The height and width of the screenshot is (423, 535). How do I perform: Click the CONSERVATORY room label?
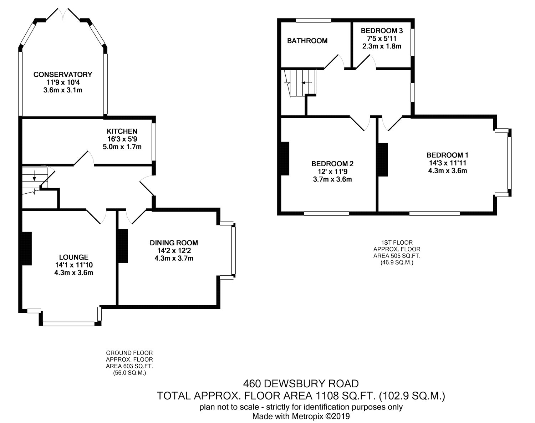click(63, 74)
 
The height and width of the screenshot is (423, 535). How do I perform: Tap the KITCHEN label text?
click(122, 131)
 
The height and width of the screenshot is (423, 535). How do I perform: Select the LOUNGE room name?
click(73, 257)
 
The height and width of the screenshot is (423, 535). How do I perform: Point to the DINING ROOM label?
click(174, 243)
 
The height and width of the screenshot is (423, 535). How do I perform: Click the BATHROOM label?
click(307, 41)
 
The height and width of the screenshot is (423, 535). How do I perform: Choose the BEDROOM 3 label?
click(382, 31)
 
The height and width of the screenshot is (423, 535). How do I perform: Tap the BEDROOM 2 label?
click(332, 164)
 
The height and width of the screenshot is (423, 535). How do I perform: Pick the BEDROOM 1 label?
click(448, 155)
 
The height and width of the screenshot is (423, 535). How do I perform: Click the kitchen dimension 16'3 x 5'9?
click(122, 139)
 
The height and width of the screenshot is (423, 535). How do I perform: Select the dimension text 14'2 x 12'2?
click(174, 250)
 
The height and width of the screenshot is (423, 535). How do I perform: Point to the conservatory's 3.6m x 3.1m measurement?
click(63, 90)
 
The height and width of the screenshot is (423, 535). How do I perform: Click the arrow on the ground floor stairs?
click(34, 175)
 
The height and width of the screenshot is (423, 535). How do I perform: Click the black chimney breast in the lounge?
click(27, 249)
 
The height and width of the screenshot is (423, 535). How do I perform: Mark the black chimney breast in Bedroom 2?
click(285, 158)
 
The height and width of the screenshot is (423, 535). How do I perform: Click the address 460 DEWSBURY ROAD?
click(301, 384)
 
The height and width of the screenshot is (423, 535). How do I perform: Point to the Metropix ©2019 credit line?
click(301, 416)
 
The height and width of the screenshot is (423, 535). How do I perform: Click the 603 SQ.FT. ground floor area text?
click(129, 366)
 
